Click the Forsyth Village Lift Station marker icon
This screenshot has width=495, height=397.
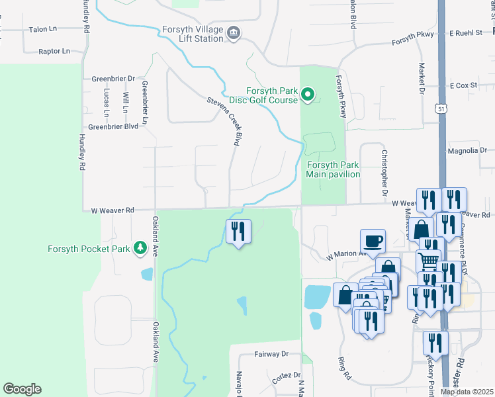[x=233, y=32]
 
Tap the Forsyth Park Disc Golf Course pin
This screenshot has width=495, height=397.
[x=307, y=96]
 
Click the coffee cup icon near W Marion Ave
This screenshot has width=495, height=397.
[x=373, y=240]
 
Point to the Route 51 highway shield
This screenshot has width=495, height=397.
[x=441, y=107]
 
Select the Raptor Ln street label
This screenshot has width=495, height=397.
[x=54, y=51]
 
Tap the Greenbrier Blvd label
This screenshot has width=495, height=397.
[x=113, y=126]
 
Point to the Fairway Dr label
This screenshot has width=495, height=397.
[x=272, y=355]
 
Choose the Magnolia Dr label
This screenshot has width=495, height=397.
[x=467, y=151]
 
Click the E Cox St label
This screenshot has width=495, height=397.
[x=463, y=86]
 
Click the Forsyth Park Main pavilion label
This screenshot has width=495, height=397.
[x=333, y=169]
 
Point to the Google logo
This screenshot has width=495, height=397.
[x=22, y=389]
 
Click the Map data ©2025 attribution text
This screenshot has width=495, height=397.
[x=467, y=392]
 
